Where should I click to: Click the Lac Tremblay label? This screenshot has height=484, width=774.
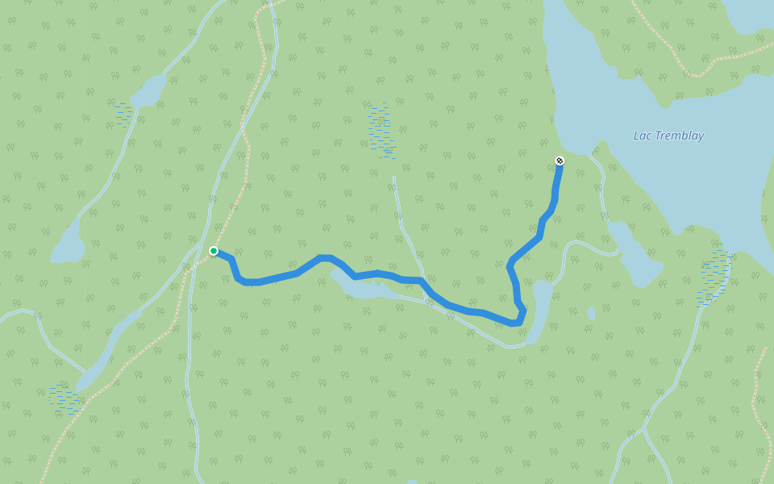(x=668, y=136)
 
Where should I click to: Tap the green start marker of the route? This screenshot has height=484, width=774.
(x=214, y=251)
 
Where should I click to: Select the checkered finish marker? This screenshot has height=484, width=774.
(x=560, y=161)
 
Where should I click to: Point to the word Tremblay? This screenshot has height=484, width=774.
(x=679, y=136)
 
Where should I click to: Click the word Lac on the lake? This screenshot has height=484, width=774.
(x=643, y=136)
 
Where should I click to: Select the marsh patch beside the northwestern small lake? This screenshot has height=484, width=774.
(x=123, y=114)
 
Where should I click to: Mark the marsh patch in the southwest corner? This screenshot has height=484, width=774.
(x=63, y=398)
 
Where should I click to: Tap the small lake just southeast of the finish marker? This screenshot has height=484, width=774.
(x=637, y=258)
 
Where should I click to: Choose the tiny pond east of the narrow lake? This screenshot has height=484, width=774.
(x=591, y=313)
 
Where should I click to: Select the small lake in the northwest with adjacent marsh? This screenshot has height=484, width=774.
(x=148, y=90)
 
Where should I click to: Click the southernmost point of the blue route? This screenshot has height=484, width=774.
(x=514, y=323)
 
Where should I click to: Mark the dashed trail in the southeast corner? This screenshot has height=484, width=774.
(x=758, y=403)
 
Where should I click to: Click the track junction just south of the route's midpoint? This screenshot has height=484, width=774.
(x=428, y=302)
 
